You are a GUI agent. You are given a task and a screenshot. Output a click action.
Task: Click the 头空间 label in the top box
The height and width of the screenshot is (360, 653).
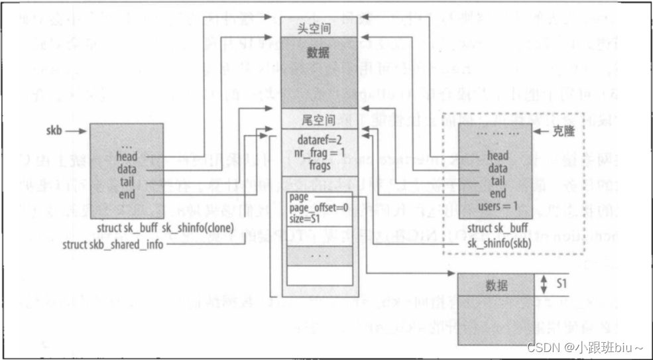click(x=320, y=27)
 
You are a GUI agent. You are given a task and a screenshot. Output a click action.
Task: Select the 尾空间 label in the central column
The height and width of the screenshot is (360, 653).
click(x=320, y=121)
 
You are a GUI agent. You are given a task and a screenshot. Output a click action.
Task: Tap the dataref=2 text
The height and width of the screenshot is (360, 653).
click(x=320, y=141)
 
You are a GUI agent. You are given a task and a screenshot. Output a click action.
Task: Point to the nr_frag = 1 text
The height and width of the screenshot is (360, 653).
click(x=320, y=152)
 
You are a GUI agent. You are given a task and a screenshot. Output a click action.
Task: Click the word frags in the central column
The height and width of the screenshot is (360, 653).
click(x=320, y=165)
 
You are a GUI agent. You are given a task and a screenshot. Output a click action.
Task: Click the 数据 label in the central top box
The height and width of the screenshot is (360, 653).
click(x=320, y=52)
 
